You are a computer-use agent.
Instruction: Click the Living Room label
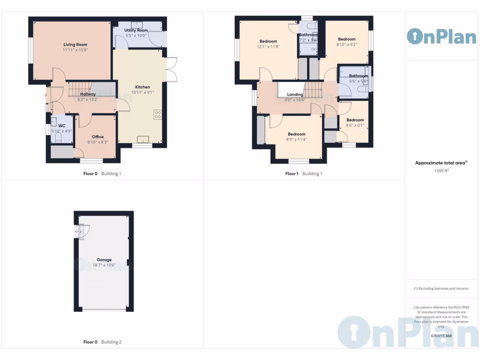[x=75, y=45]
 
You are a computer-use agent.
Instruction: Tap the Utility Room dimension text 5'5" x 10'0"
[x=136, y=35]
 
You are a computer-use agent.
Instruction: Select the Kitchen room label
[x=142, y=87]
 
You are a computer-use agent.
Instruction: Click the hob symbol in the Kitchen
[x=157, y=114]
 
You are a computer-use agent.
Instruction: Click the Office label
[x=97, y=137]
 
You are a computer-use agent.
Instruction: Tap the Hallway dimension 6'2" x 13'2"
[x=88, y=99]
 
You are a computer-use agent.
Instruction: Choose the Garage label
[x=104, y=260]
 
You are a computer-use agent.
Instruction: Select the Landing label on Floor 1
[x=295, y=95]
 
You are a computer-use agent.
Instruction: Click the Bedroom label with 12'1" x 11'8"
[x=268, y=41]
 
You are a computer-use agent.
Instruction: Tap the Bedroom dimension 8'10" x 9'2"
[x=347, y=44]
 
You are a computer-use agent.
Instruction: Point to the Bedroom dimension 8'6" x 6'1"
[x=355, y=125]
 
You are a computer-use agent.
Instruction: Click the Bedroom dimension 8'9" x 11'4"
[x=296, y=139]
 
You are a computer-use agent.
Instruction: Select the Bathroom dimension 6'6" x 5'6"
[x=358, y=81]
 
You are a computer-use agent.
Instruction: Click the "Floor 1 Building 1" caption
[x=304, y=173]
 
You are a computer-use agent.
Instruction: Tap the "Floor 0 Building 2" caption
[x=102, y=342]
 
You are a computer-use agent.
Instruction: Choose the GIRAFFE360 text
[x=441, y=336]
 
